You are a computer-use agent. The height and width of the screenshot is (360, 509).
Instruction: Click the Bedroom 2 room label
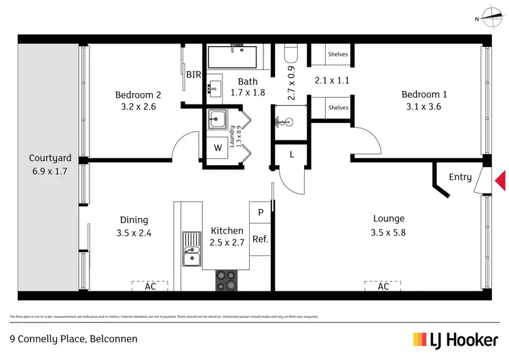point(138,95)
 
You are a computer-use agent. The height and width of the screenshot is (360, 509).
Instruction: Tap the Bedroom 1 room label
point(424,94)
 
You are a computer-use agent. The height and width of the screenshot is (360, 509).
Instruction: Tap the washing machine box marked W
point(218,147)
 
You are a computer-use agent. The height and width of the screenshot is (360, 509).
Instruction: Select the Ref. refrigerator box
point(260,239)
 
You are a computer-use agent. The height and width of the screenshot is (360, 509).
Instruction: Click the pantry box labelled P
point(260,212)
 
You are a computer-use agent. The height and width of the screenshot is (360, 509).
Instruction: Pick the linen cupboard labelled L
point(292,155)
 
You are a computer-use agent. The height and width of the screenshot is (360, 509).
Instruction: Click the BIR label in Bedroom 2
point(193,75)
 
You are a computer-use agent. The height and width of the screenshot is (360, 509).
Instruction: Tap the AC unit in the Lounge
point(383,286)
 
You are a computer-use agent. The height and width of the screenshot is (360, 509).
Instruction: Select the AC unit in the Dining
point(151,286)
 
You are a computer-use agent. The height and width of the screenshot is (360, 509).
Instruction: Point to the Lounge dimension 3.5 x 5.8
point(389,231)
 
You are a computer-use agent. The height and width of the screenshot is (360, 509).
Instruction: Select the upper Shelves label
point(338,54)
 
